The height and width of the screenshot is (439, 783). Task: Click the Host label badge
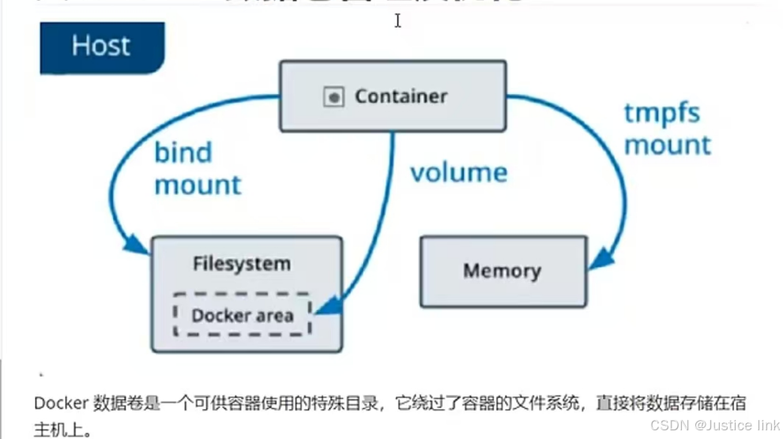pos(101,46)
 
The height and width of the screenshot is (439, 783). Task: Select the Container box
pos(393,96)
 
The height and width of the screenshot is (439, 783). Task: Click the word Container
pos(401,97)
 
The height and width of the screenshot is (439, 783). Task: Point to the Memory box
pos(503,271)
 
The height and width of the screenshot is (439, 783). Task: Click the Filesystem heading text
pos(241,264)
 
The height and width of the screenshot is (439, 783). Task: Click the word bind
pos(183,152)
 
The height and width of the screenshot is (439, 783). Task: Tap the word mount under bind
pos(198,186)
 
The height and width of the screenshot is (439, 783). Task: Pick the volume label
pos(458,172)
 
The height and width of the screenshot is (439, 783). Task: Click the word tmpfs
pos(662,113)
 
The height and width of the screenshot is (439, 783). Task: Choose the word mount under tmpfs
pos(668,145)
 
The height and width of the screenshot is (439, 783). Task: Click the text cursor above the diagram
pos(397,21)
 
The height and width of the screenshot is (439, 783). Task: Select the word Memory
pos(502,272)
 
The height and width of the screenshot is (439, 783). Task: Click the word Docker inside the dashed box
pos(215,316)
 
